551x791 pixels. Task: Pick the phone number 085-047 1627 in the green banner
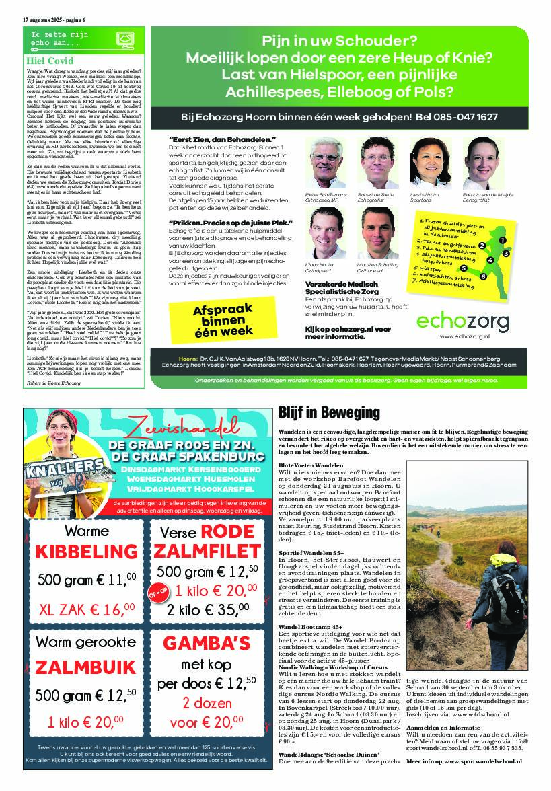click(x=466, y=117)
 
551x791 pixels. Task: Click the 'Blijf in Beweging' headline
click(x=329, y=412)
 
